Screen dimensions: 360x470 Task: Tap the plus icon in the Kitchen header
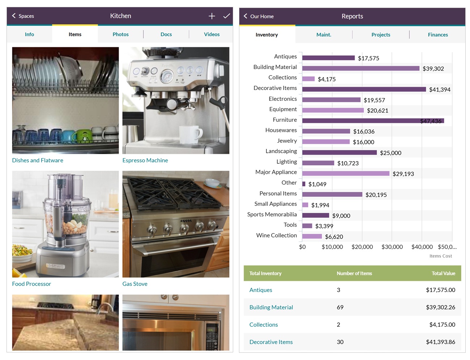point(212,16)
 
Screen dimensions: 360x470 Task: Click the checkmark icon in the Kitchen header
point(227,16)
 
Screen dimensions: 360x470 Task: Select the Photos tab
point(120,34)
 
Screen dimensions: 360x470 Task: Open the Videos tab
point(211,34)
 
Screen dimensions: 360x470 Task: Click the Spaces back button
point(23,16)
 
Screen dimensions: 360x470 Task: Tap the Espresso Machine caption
point(145,160)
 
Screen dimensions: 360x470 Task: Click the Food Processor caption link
point(31,284)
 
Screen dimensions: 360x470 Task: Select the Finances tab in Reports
point(437,35)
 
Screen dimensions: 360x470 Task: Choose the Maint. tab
point(324,35)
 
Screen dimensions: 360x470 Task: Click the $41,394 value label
point(440,90)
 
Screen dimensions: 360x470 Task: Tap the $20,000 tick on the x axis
point(362,247)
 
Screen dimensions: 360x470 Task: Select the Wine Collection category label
point(276,235)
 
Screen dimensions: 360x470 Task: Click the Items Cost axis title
point(440,256)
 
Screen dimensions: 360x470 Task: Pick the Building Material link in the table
point(271,307)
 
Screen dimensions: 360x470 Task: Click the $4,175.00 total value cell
point(442,325)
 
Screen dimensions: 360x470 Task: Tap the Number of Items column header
point(354,273)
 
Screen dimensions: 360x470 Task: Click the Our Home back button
point(258,16)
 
